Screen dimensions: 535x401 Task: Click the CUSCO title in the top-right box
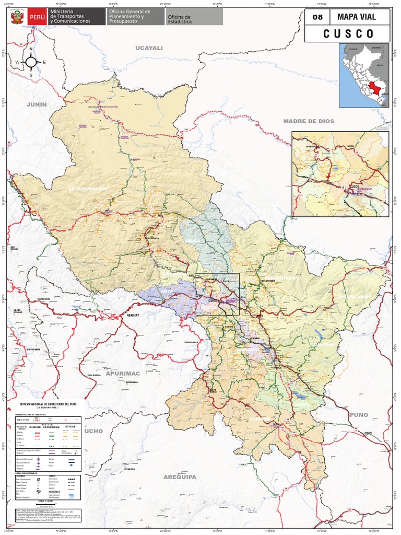(348, 34)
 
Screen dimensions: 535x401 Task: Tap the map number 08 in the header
(317, 17)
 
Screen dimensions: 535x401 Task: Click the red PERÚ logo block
(37, 17)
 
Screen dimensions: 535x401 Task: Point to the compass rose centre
(31, 62)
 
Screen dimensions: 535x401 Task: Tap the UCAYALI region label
(149, 48)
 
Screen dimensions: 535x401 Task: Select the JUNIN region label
(37, 104)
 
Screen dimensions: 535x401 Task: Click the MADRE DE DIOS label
(309, 121)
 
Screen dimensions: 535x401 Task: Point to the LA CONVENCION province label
(88, 188)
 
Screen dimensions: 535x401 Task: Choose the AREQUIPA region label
(180, 477)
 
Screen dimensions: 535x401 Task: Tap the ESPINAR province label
(260, 419)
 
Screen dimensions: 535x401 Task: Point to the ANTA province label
(167, 290)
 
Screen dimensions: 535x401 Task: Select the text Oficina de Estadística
(179, 19)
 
